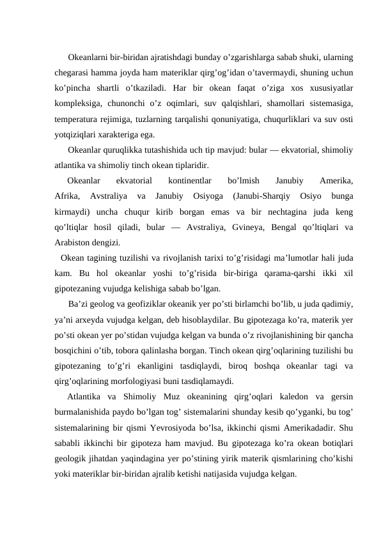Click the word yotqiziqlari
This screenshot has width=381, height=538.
[x=77, y=134]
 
